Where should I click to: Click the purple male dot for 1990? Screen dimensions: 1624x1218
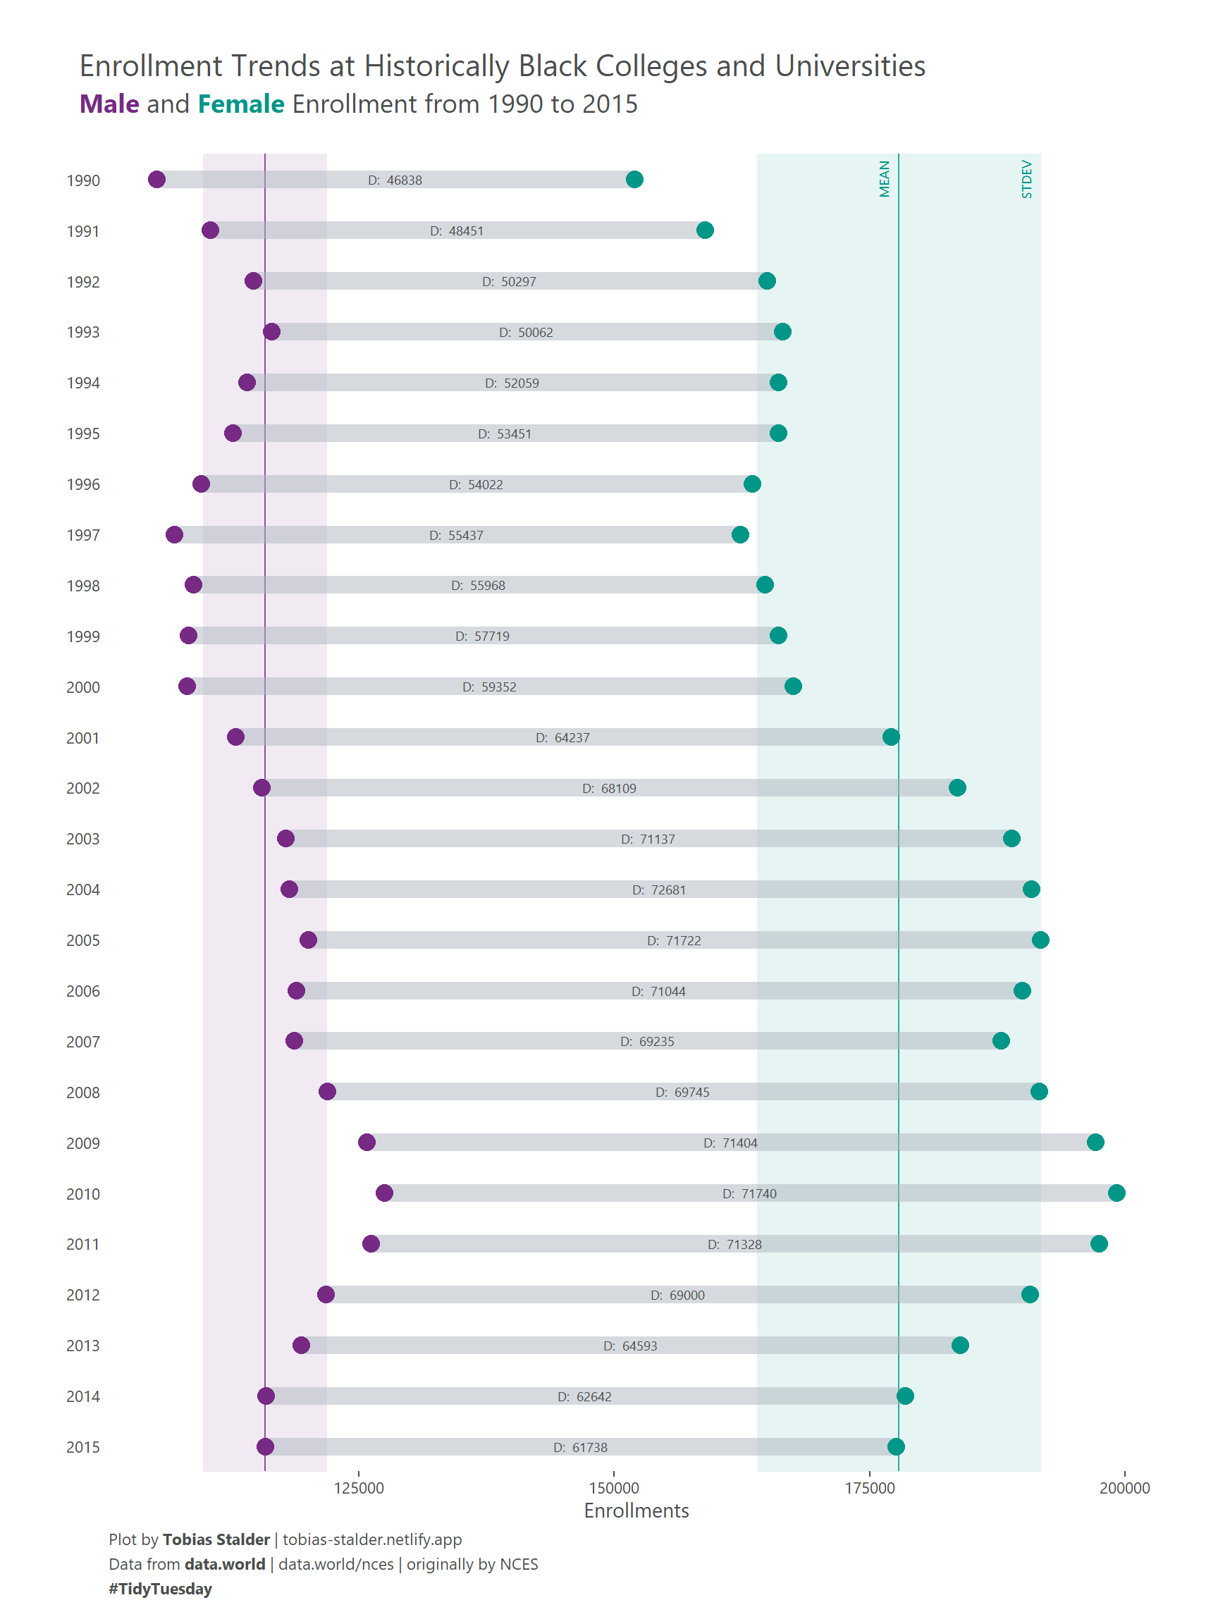(x=156, y=180)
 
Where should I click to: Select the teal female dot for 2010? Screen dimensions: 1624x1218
(x=1116, y=1193)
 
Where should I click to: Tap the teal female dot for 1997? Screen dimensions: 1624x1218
(x=740, y=534)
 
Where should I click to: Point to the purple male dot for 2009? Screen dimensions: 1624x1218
(x=367, y=1143)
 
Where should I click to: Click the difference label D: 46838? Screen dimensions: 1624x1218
(x=395, y=180)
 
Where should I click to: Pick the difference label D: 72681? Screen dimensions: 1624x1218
(x=658, y=890)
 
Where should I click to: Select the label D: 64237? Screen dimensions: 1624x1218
(x=562, y=738)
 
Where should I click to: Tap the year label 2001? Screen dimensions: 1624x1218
(x=83, y=738)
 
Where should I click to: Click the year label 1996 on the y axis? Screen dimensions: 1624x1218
(x=83, y=484)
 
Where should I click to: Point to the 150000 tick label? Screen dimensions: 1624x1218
(x=614, y=1488)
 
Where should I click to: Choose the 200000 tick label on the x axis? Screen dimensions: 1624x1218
(x=1124, y=1488)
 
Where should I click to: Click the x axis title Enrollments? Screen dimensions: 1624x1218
(x=636, y=1511)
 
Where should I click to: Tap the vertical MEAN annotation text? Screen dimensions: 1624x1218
(x=885, y=179)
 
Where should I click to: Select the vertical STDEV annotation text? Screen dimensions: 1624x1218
(x=1026, y=179)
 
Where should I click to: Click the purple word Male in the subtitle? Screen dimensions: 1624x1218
(x=109, y=104)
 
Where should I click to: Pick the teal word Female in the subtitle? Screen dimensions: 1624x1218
(x=241, y=104)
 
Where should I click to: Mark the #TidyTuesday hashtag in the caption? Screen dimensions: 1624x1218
(x=160, y=1589)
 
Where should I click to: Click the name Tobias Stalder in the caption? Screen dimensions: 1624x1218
(x=216, y=1539)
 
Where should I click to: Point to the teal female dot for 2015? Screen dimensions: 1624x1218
(x=896, y=1446)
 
